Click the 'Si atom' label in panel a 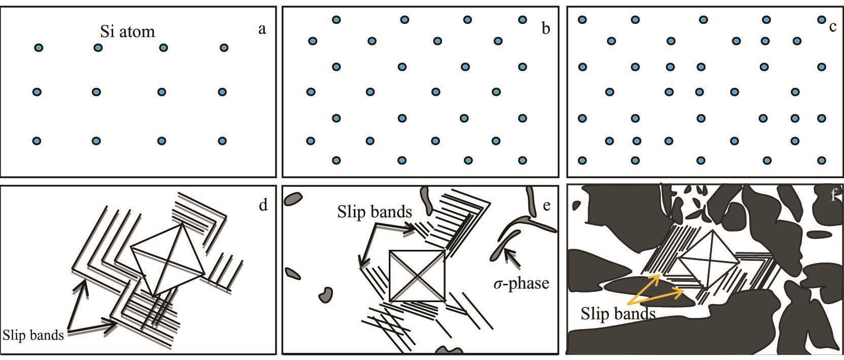127,31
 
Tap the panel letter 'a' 262,29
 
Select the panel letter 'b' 546,28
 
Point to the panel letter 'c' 832,27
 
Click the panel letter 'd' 263,205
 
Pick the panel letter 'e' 546,205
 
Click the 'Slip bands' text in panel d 33,335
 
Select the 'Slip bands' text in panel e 374,212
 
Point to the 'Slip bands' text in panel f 618,314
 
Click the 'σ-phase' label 521,282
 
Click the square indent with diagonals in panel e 417,275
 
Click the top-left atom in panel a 38,48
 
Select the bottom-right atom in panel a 222,141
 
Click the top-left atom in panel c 582,20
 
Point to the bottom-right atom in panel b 522,160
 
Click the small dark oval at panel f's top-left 577,205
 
